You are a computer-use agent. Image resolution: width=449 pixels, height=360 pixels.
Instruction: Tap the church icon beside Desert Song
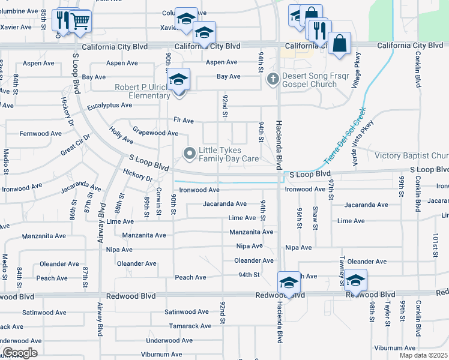[273, 77]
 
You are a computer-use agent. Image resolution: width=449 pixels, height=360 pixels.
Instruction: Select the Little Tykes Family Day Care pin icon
[190, 154]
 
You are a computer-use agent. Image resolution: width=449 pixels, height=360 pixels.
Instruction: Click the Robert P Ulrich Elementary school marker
[178, 80]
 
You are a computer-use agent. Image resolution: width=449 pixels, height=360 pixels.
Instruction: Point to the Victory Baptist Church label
[412, 155]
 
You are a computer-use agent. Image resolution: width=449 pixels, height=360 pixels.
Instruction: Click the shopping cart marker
[80, 22]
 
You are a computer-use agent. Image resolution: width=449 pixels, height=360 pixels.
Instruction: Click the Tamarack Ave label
[190, 326]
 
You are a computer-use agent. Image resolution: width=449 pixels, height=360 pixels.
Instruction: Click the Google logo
[20, 353]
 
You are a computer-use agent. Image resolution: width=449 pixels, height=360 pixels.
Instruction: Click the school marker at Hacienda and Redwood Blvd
[289, 283]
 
